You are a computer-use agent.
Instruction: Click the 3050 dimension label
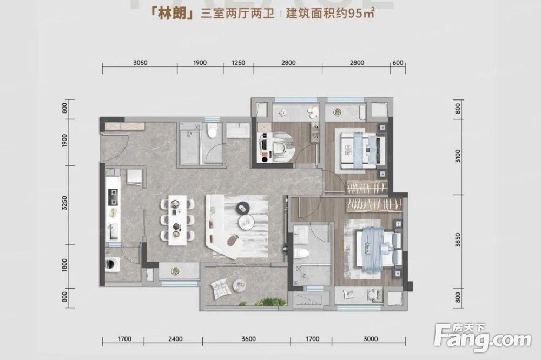point(140,63)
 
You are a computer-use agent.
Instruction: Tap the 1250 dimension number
point(238,63)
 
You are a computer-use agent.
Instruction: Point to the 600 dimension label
point(398,63)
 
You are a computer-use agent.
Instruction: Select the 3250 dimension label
point(65,204)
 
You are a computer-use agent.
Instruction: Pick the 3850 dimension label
point(458,238)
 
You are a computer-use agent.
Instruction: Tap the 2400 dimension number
point(175,339)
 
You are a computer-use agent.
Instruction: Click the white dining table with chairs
point(178,218)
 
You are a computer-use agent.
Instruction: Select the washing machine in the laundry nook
point(113,265)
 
